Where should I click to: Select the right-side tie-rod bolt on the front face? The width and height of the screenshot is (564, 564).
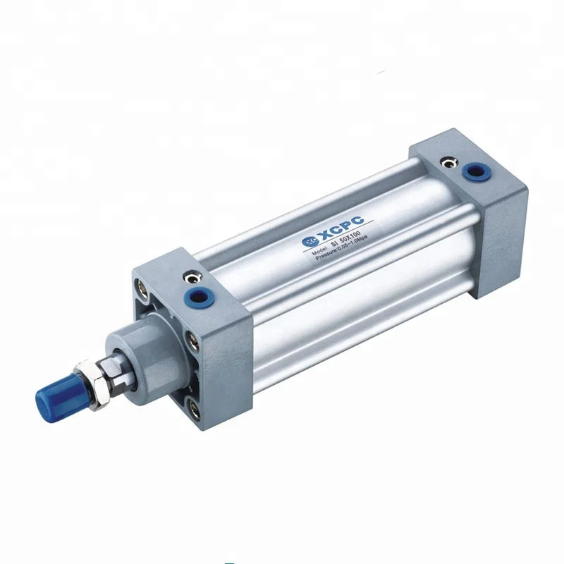(193, 343)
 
